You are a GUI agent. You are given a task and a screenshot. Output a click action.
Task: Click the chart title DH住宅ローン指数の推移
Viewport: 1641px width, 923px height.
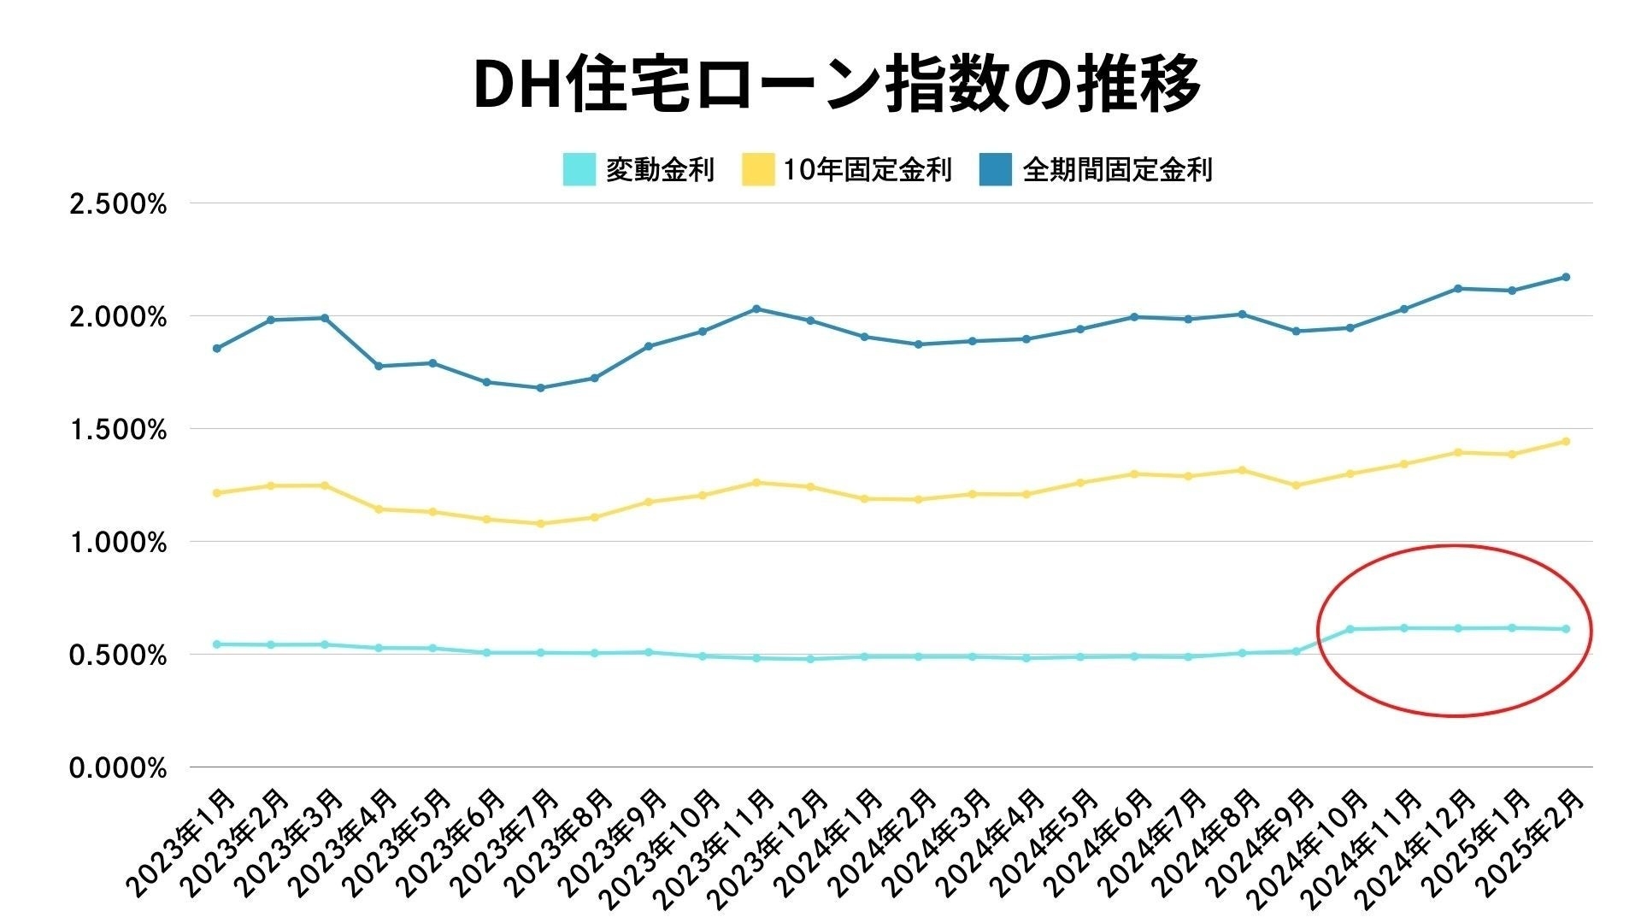[x=837, y=85]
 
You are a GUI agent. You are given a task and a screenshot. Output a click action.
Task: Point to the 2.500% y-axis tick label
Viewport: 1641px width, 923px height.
[x=118, y=205]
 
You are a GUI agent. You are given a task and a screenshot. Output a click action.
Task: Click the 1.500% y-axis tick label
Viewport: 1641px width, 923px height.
[x=118, y=430]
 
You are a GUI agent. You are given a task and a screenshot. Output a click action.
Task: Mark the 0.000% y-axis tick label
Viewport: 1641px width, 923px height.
[x=118, y=768]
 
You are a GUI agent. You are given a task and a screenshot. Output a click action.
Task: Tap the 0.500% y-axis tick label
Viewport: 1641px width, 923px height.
[x=118, y=656]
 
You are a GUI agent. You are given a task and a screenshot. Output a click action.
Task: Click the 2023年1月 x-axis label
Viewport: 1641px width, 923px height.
[x=182, y=842]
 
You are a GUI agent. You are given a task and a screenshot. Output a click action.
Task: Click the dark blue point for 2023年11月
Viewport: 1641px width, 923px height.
[x=756, y=309]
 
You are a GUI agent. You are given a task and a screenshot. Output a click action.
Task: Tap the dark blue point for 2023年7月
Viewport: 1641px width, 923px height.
[x=540, y=388]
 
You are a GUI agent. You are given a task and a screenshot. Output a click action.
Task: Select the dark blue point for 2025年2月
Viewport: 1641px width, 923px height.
[x=1566, y=277]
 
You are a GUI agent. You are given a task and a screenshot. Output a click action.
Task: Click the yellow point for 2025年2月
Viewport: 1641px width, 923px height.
[x=1566, y=441]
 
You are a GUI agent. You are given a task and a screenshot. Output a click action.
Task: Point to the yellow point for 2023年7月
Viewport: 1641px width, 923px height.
[x=540, y=523]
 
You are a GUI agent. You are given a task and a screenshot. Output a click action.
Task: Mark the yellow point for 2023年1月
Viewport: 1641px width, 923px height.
[x=216, y=493]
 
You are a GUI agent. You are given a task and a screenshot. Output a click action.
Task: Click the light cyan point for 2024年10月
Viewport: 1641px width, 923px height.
[x=1350, y=629]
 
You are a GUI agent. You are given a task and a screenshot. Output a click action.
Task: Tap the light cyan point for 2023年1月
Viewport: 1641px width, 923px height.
[x=216, y=644]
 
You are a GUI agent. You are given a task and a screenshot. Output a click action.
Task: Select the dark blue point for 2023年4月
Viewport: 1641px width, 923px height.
[x=379, y=366]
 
